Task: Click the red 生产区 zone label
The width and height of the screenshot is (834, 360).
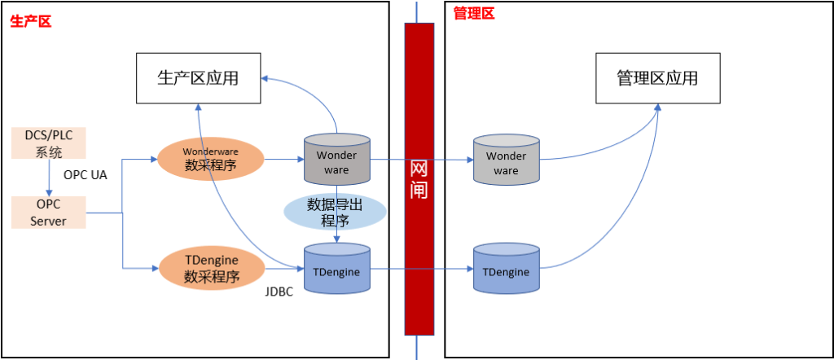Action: tap(31, 22)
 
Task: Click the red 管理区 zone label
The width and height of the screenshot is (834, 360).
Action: tap(473, 13)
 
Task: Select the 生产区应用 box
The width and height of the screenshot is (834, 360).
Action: tap(198, 78)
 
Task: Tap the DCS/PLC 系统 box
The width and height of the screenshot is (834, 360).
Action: tap(49, 143)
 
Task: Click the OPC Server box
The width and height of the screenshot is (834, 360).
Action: tap(49, 212)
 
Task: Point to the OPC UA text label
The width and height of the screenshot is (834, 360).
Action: tap(86, 175)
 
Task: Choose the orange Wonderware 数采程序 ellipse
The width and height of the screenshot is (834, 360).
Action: tap(211, 159)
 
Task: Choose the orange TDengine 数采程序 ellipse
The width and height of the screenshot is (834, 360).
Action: tap(211, 268)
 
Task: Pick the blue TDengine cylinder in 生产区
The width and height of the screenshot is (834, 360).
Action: tap(336, 270)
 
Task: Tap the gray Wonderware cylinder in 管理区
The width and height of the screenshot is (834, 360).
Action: tap(506, 162)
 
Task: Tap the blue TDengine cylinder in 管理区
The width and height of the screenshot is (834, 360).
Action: tap(506, 271)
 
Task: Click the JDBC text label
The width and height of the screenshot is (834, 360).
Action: tap(279, 291)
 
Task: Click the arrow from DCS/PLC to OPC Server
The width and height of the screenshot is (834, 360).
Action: tap(49, 178)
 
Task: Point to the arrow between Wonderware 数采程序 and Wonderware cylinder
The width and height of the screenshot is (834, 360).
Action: tap(283, 160)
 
